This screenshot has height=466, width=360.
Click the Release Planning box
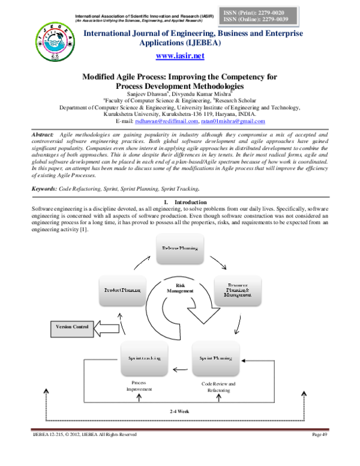coord(180,247)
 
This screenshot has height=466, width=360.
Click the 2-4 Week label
coord(179,411)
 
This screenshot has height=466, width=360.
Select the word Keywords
coord(46,172)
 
